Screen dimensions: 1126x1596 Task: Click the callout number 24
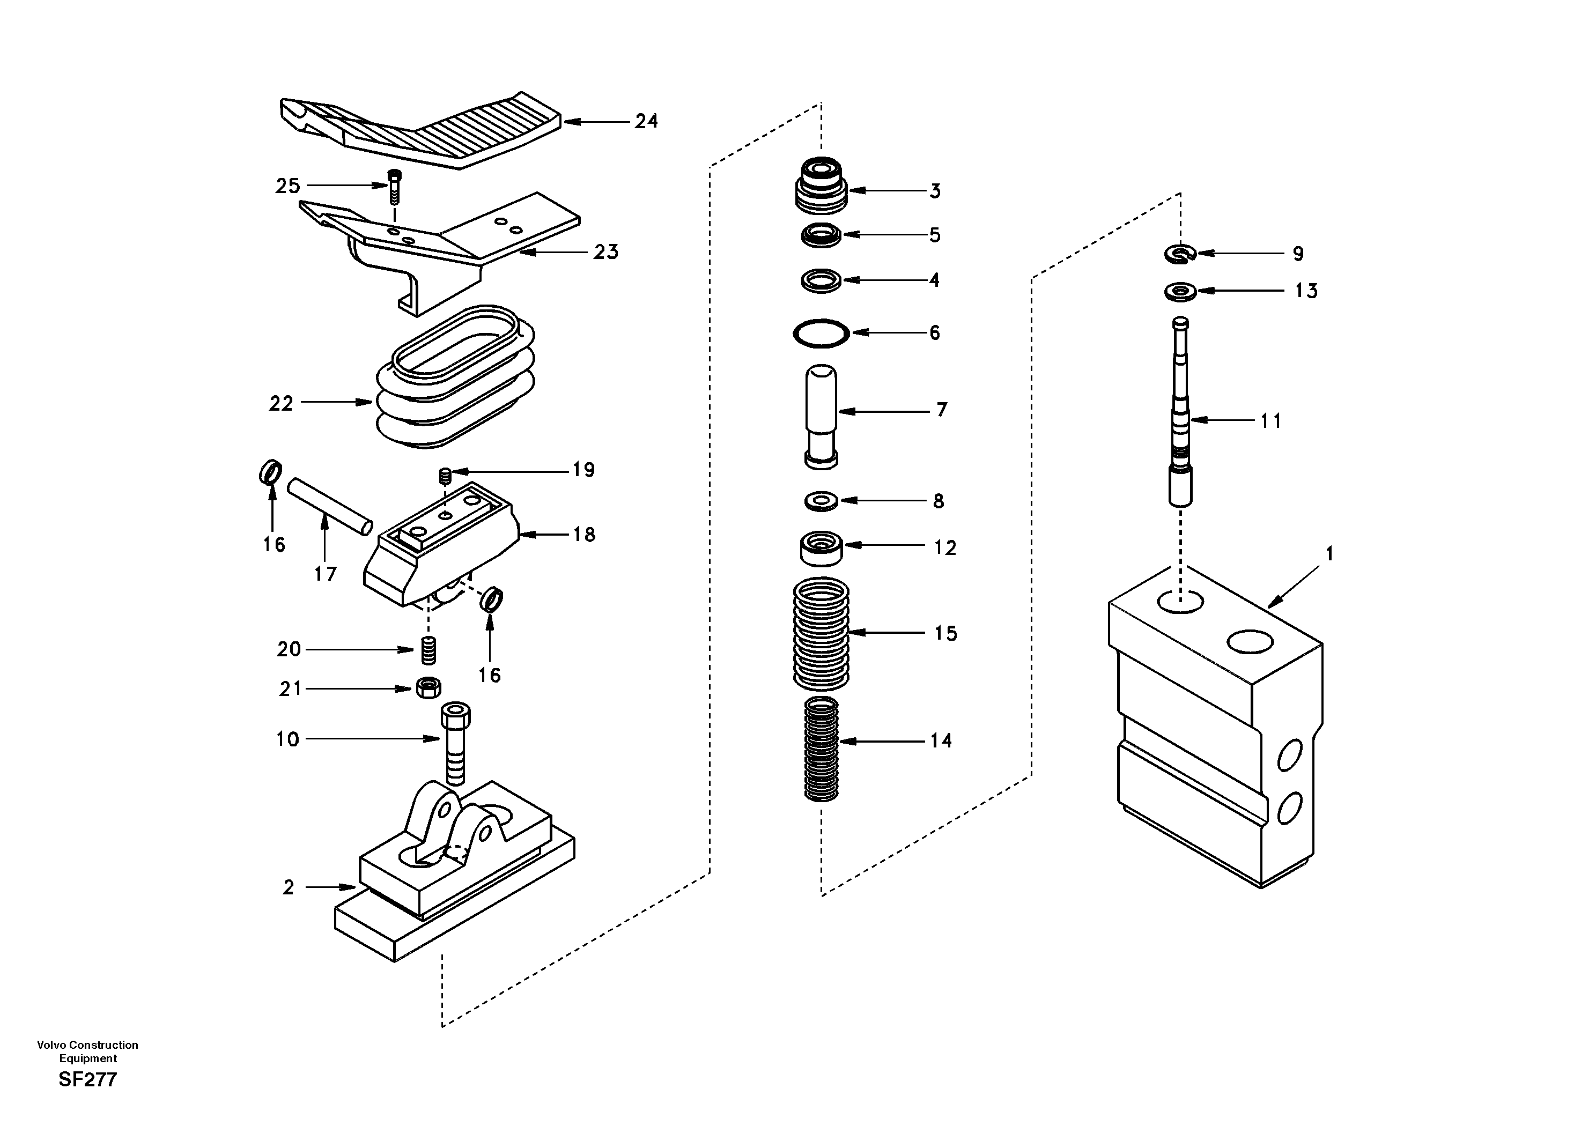click(x=646, y=121)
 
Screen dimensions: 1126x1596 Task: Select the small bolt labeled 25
click(x=394, y=186)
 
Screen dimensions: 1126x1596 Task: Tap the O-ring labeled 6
click(x=821, y=333)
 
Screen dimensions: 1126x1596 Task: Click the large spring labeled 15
click(x=821, y=633)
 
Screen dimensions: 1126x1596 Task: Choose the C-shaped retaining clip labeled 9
click(x=1180, y=254)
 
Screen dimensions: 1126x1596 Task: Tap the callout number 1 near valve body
click(x=1329, y=554)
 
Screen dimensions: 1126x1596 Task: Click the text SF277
click(x=87, y=1079)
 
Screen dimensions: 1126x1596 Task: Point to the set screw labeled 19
click(x=446, y=476)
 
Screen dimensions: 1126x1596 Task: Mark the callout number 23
click(x=605, y=251)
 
